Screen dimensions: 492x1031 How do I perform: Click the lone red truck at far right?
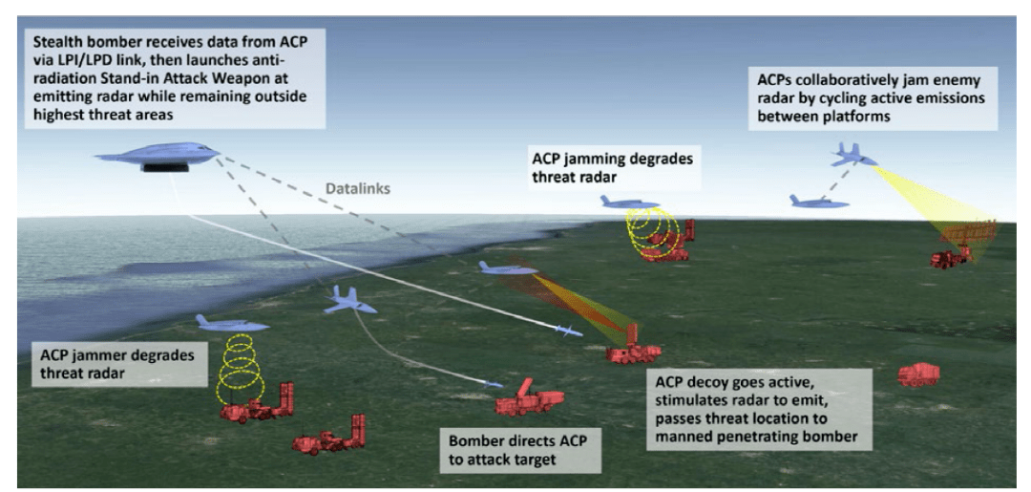[x=917, y=374]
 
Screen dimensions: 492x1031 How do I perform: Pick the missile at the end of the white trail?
[x=567, y=332]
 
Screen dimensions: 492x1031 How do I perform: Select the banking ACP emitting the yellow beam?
[x=852, y=154]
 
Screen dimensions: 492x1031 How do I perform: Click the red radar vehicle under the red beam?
[x=632, y=351]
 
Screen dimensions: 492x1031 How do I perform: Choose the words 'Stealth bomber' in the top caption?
[x=77, y=43]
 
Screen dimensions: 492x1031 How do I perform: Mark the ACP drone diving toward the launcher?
[x=348, y=301]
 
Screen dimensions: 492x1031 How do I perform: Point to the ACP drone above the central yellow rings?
[x=631, y=203]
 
